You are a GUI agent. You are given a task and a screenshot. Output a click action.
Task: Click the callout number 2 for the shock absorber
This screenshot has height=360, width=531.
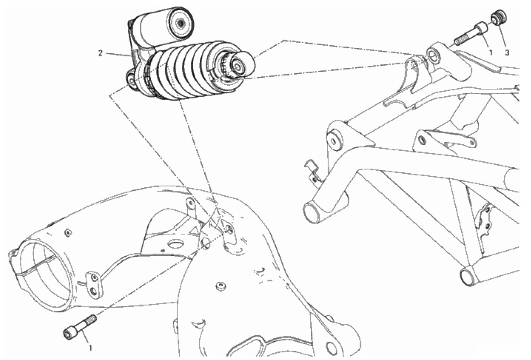100,54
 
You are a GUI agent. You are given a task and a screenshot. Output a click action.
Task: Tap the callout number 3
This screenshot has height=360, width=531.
507,53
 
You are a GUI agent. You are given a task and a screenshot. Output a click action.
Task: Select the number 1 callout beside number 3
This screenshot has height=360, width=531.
490,53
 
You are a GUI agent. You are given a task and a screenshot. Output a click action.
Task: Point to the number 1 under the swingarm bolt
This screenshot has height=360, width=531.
91,348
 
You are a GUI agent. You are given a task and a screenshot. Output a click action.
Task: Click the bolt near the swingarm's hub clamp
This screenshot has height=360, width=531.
79,326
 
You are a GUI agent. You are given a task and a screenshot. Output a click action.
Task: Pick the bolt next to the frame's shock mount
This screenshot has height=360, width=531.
471,34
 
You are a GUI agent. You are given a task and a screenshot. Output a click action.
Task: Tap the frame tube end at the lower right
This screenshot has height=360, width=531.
468,277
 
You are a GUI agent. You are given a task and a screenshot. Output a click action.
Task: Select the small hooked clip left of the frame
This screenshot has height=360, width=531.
312,171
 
